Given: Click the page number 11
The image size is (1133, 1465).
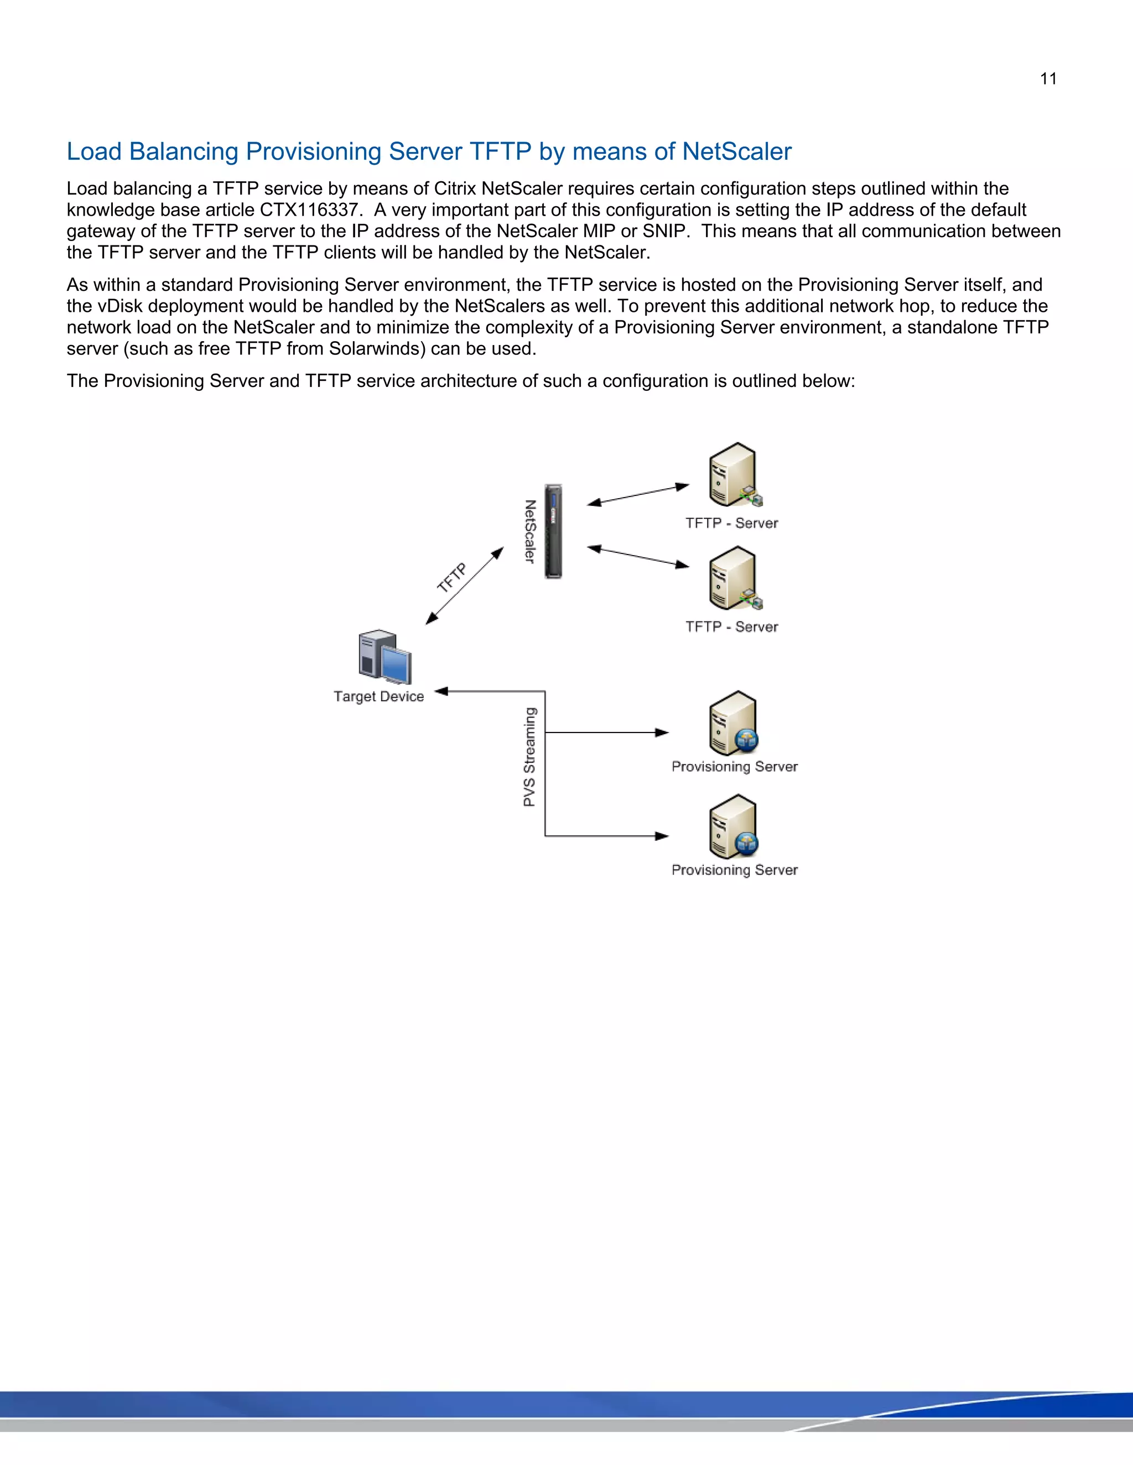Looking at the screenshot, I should click(x=1048, y=79).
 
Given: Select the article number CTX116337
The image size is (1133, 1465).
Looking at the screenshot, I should click(x=309, y=210).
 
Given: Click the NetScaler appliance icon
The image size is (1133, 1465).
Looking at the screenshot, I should click(x=553, y=531).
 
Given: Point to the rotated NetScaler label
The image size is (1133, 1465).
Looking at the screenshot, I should click(x=530, y=531).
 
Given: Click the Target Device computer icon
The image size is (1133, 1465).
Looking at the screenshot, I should click(x=384, y=657).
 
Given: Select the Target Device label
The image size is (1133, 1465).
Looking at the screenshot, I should click(x=378, y=696).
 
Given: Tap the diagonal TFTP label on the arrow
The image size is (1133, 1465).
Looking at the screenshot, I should click(x=452, y=578).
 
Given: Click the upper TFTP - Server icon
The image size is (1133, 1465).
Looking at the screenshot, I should click(x=734, y=475).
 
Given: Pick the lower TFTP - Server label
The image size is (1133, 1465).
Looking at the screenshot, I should click(x=731, y=626).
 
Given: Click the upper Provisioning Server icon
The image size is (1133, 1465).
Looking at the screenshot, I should click(x=732, y=723).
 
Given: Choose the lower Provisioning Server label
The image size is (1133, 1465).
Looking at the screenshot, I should click(x=734, y=870).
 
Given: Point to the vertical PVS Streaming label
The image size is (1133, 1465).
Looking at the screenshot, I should click(x=529, y=757).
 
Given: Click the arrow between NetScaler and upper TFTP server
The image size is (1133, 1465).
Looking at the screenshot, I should click(x=638, y=494).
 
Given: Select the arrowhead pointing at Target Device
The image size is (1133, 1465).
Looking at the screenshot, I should click(x=441, y=691).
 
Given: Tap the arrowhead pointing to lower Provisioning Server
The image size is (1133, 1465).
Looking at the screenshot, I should click(x=662, y=836).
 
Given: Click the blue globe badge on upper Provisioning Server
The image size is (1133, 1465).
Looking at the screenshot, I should click(x=746, y=740).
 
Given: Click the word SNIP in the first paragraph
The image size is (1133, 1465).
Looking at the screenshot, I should click(x=664, y=232).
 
